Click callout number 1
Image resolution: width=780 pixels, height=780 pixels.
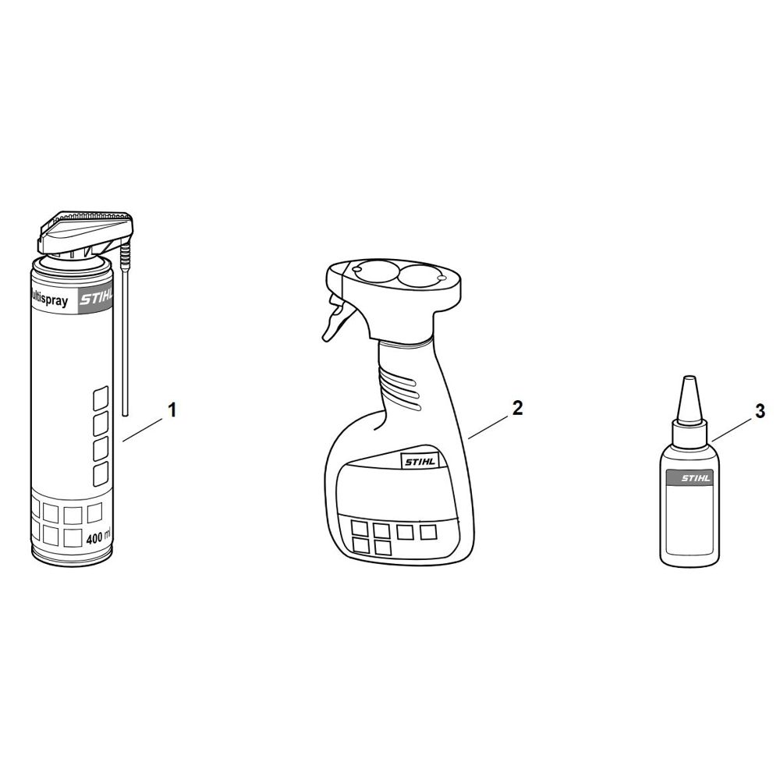(x=172, y=411)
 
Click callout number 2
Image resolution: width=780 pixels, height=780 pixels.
(x=517, y=409)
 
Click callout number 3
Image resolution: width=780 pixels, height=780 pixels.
(x=760, y=412)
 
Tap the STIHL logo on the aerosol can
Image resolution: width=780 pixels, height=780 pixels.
(x=96, y=300)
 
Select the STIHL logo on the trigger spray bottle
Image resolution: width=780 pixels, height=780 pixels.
(x=420, y=462)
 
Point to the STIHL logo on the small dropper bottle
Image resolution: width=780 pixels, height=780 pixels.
(x=697, y=479)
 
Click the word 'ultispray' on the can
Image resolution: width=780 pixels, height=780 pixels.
(x=50, y=301)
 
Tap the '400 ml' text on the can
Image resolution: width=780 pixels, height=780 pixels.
(x=98, y=537)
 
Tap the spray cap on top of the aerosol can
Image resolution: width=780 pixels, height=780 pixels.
(x=84, y=234)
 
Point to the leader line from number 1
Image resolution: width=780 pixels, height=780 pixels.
(x=143, y=429)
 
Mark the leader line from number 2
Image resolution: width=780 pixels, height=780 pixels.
(x=488, y=427)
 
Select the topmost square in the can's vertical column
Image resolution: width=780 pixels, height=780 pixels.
(x=101, y=398)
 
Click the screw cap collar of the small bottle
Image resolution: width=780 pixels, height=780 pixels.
(x=689, y=430)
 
